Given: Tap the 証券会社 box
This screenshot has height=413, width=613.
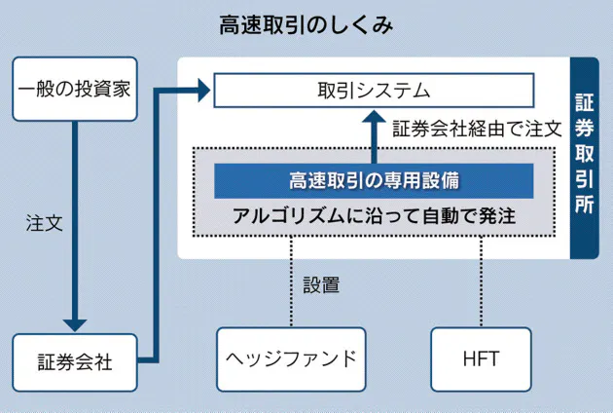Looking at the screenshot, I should (74, 362).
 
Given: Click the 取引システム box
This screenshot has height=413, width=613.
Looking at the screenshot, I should (374, 91).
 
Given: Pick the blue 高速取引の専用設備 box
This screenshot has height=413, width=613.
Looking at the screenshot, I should (374, 180).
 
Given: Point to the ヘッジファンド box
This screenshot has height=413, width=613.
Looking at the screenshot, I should (291, 357).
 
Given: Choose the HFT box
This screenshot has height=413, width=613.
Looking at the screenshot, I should (481, 357).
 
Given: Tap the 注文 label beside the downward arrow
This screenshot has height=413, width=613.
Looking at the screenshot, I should (45, 222).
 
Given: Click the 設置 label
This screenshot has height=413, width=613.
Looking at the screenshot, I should (321, 285).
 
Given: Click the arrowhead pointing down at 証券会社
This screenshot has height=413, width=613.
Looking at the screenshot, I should (74, 322).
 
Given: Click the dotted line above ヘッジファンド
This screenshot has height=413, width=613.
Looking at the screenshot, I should (291, 282).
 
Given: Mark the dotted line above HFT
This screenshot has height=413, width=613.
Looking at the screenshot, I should (481, 282).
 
